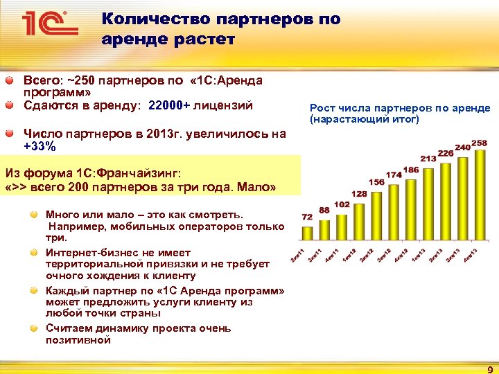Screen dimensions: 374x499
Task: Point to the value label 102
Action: pyautogui.click(x=342, y=205)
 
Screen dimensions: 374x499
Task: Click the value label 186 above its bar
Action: pyautogui.click(x=410, y=170)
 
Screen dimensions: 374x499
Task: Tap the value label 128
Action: pyautogui.click(x=359, y=194)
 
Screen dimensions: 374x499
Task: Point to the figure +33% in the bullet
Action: pyautogui.click(x=40, y=146)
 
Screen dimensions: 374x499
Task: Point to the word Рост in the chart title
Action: pyautogui.click(x=322, y=108)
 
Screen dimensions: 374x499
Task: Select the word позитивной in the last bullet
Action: pyautogui.click(x=78, y=340)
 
